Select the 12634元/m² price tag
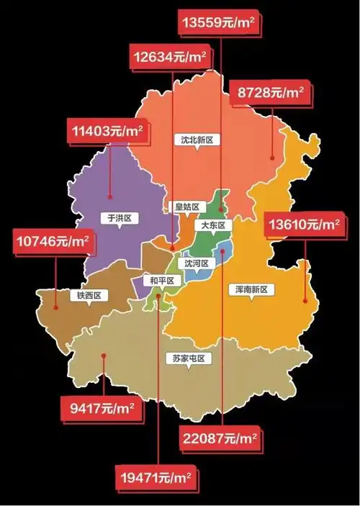170,55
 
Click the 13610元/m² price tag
303,225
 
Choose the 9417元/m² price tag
102,409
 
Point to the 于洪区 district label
118,218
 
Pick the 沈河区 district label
196,263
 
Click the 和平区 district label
158,280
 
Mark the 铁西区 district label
89,295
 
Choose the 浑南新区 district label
251,289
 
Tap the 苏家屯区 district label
189,358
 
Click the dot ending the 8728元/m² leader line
272,158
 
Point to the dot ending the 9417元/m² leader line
104,374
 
